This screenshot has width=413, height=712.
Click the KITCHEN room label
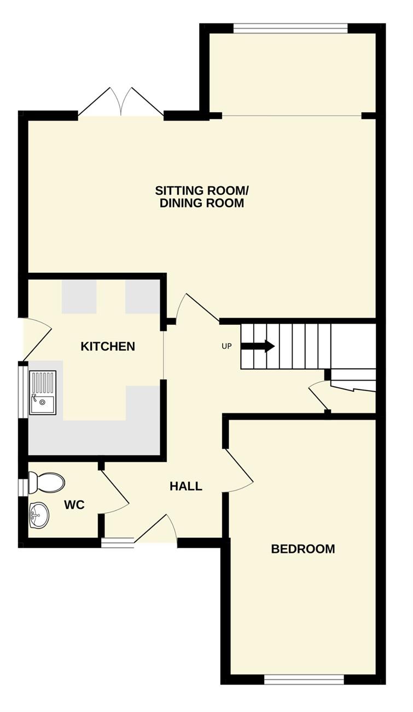coord(108,346)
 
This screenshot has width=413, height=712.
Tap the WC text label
coord(74,504)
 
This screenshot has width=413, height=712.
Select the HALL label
coord(186,486)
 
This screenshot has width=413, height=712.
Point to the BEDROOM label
coord(303,549)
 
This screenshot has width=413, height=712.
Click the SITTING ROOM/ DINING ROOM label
coord(202,197)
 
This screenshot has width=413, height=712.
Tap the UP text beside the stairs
coord(226,346)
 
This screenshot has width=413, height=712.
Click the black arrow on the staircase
coord(258,346)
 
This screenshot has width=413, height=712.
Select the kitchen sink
coord(43,392)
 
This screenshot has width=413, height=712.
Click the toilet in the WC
coord(46,483)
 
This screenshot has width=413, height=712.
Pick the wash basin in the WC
coord(39,515)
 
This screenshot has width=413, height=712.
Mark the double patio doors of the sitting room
coord(121,102)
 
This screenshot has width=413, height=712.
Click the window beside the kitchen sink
coord(23,392)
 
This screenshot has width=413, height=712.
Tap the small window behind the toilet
coord(23,487)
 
